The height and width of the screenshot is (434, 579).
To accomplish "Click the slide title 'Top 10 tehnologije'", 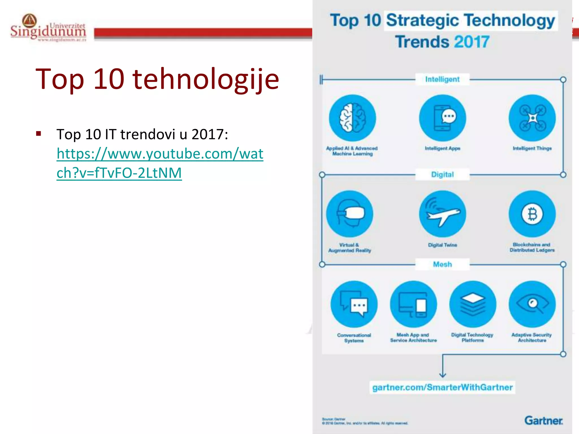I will click(x=157, y=79).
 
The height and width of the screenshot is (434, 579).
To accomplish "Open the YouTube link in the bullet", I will click(x=160, y=163).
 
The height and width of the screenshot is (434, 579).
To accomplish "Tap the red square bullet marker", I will click(x=39, y=134).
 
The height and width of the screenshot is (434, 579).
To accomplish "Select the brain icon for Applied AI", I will click(x=352, y=118).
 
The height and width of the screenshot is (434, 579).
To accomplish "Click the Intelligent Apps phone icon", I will click(x=442, y=118).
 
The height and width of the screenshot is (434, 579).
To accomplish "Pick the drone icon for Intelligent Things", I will click(x=532, y=118).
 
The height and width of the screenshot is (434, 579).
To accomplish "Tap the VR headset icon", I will click(x=350, y=214).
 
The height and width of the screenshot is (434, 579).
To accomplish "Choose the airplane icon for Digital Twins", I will click(x=442, y=214).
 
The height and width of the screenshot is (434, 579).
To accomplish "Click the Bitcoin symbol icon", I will click(x=532, y=214).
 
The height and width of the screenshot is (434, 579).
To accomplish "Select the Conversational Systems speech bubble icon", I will click(x=354, y=304).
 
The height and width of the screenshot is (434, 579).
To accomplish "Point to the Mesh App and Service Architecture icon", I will click(x=413, y=304).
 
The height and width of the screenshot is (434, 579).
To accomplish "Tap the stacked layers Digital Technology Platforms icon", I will click(x=473, y=304).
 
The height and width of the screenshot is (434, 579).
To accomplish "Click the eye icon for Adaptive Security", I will click(x=532, y=304).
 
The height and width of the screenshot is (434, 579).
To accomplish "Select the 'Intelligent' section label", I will click(x=442, y=79).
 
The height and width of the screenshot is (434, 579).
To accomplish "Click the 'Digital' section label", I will click(x=442, y=175).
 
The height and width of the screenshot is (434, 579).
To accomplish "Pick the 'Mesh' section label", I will click(x=442, y=264).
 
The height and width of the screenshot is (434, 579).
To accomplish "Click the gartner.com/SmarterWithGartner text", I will click(x=442, y=387).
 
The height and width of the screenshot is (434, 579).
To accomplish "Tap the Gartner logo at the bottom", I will click(x=543, y=420).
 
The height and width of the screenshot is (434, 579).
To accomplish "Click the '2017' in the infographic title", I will click(x=472, y=42).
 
